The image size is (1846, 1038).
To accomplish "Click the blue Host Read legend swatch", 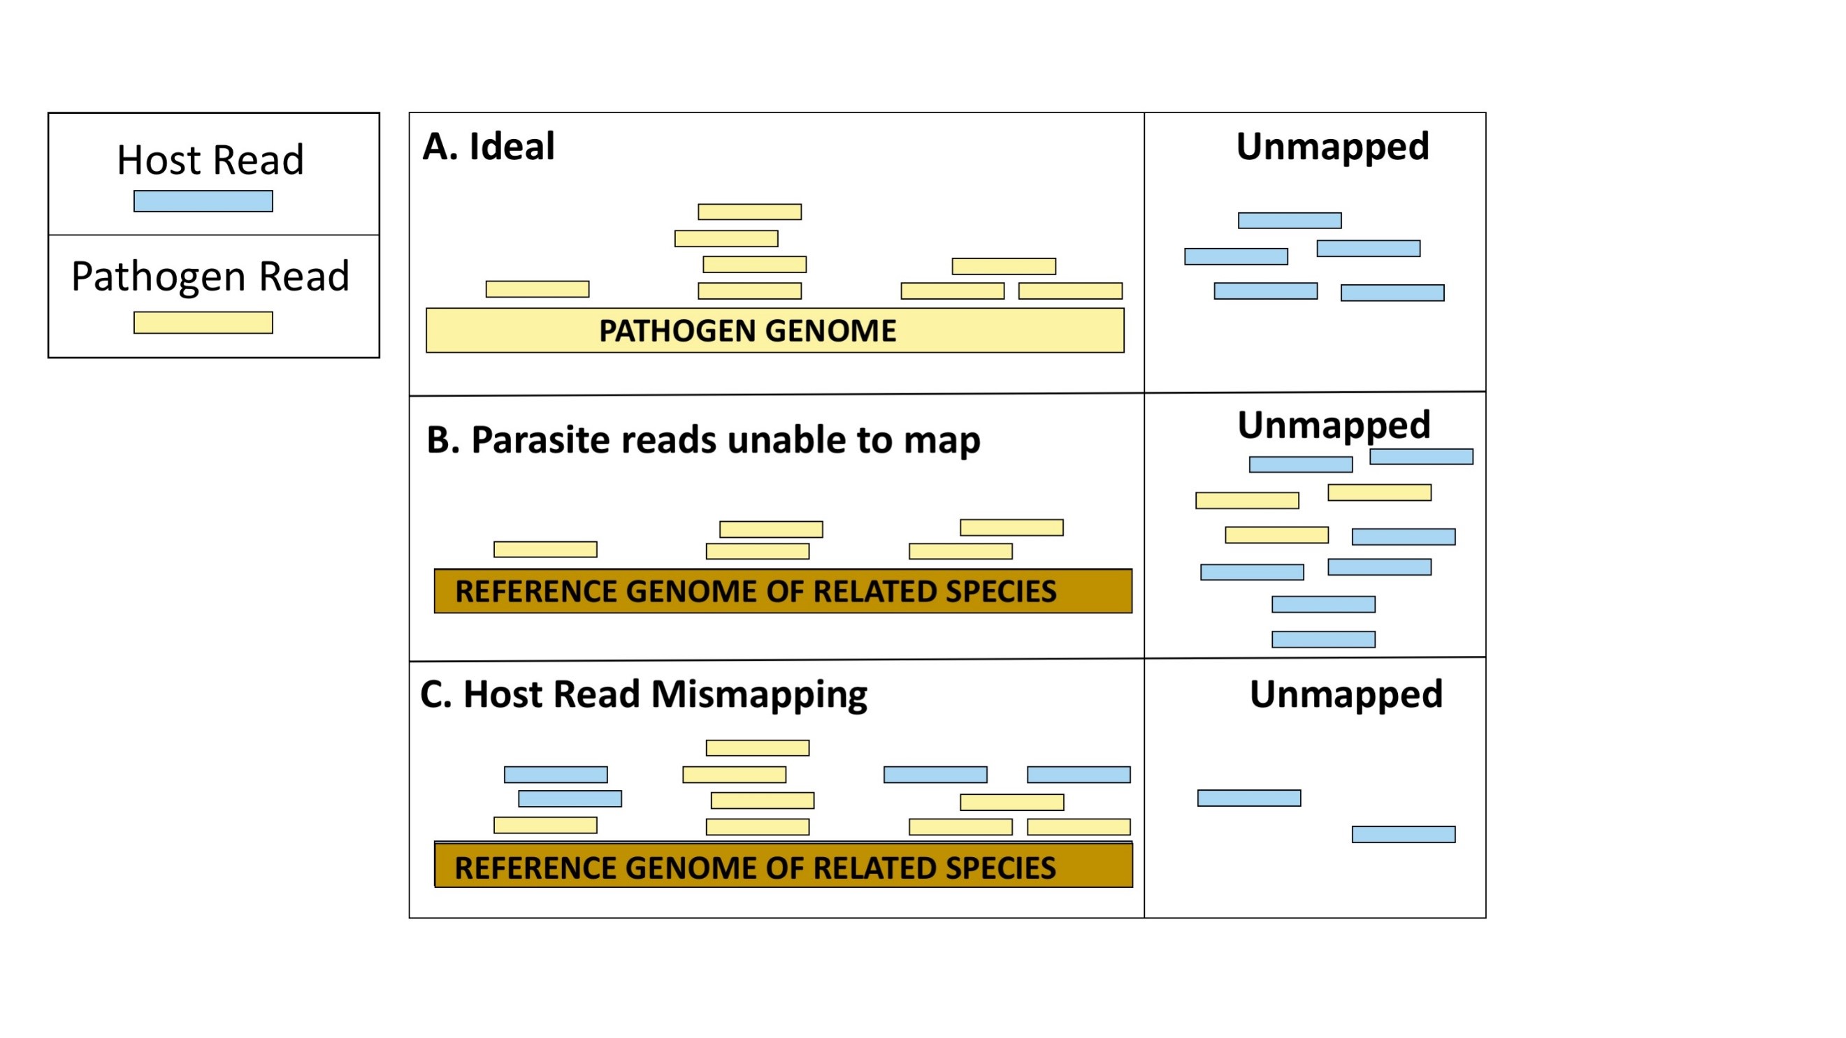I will (203, 201).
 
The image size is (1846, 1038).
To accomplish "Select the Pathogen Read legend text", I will (210, 276).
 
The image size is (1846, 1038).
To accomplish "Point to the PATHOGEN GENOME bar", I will (774, 330).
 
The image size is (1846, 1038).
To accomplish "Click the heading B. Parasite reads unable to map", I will (703, 439).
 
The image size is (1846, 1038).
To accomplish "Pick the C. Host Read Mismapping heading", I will (644, 694).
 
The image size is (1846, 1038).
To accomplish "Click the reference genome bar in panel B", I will (783, 591).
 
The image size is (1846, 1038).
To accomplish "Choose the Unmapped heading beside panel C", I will (1346, 694).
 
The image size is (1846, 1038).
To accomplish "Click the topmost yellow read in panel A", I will (749, 212).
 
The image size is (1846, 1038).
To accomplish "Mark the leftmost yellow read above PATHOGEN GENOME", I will (538, 289).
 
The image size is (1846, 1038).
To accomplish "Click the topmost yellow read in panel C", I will (758, 748).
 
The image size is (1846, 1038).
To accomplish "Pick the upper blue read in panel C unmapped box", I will (1249, 798).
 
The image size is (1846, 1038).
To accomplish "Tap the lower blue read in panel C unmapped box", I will (1403, 835).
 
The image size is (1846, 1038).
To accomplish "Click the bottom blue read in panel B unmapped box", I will (1323, 639).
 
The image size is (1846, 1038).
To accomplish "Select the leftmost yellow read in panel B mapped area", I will (545, 550).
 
